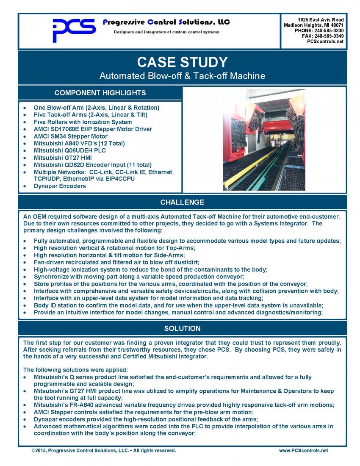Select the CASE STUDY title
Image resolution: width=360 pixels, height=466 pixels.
click(182, 62)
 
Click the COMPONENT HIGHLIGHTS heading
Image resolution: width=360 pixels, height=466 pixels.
click(100, 93)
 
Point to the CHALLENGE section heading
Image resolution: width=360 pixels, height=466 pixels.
click(182, 202)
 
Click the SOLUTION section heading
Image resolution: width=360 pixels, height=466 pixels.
click(182, 328)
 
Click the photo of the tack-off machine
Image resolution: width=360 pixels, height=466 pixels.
click(263, 139)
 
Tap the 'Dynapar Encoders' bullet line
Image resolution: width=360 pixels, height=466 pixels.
click(60, 186)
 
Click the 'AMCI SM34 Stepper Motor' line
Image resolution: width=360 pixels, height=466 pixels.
click(70, 136)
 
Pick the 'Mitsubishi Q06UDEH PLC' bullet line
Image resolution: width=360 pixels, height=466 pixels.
click(70, 150)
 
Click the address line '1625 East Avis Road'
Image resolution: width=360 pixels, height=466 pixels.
click(321, 20)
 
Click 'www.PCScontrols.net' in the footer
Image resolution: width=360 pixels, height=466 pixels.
click(303, 450)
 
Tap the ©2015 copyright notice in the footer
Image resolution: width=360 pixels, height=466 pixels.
click(104, 450)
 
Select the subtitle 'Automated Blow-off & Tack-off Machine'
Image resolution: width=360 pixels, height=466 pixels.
click(182, 76)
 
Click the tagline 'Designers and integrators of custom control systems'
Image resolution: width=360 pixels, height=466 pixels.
click(166, 32)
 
